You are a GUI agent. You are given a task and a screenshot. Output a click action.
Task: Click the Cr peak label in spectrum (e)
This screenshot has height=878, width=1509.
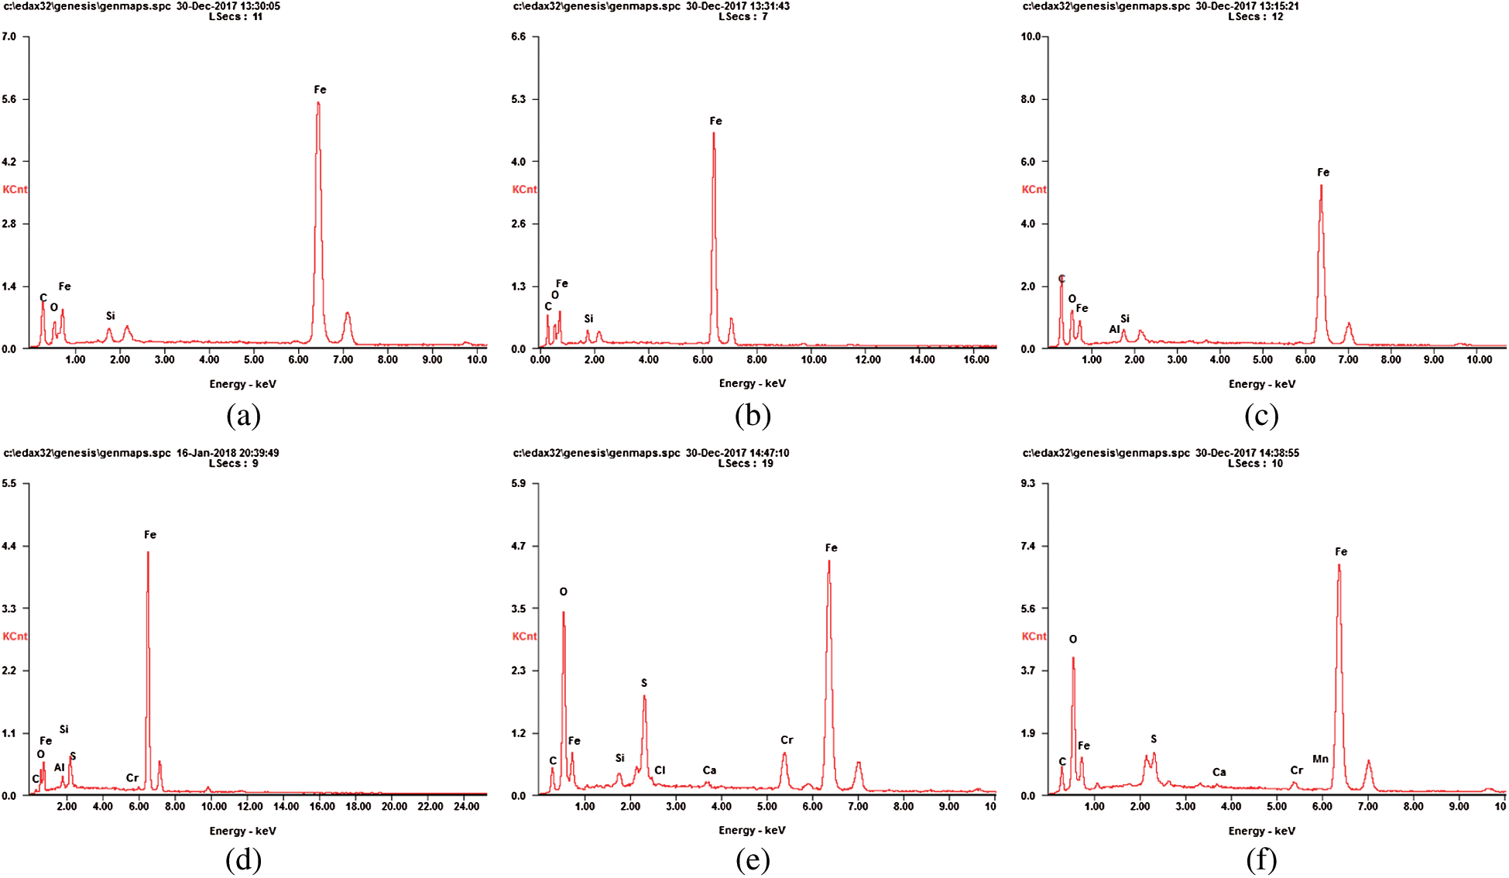(x=786, y=740)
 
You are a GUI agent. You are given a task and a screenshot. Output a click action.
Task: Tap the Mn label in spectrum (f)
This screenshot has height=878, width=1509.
(x=1320, y=759)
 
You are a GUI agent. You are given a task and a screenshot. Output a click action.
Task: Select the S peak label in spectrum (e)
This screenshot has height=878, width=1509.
(x=643, y=683)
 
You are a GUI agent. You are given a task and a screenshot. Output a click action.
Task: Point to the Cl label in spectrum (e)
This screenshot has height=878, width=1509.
(x=660, y=770)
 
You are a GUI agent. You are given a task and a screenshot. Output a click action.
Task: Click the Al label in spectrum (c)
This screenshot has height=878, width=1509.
(x=1114, y=329)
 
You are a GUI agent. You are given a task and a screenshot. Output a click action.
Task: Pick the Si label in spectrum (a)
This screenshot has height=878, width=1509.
(x=111, y=316)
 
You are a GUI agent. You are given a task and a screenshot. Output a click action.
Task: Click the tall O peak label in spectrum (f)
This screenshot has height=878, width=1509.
(x=1072, y=640)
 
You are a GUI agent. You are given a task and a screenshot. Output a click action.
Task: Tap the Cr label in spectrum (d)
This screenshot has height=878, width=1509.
(x=132, y=778)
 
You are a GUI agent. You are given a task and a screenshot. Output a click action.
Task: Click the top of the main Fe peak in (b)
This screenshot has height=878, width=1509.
(x=713, y=134)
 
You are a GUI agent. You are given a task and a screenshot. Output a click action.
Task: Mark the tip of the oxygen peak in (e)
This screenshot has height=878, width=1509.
(x=563, y=612)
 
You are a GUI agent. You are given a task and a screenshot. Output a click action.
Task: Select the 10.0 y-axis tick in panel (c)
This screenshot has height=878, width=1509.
(x=1031, y=37)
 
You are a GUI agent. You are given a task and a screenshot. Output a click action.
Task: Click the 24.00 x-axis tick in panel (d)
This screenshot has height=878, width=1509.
(x=466, y=806)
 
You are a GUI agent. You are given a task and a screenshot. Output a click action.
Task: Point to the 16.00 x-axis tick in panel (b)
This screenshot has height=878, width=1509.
(x=976, y=359)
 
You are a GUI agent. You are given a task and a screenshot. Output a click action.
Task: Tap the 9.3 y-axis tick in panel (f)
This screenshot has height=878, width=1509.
(x=1028, y=484)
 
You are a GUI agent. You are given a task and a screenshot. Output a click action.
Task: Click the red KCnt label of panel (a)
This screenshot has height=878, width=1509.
(x=15, y=190)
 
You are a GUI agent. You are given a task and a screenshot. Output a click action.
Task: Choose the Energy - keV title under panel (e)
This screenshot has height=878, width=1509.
(x=752, y=830)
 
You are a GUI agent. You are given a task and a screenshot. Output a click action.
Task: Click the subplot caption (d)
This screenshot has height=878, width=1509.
(x=243, y=860)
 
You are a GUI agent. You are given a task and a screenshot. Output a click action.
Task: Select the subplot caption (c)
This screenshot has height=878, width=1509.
(x=1261, y=417)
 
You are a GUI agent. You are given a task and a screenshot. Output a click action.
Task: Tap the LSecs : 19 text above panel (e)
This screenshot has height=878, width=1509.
(x=745, y=464)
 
